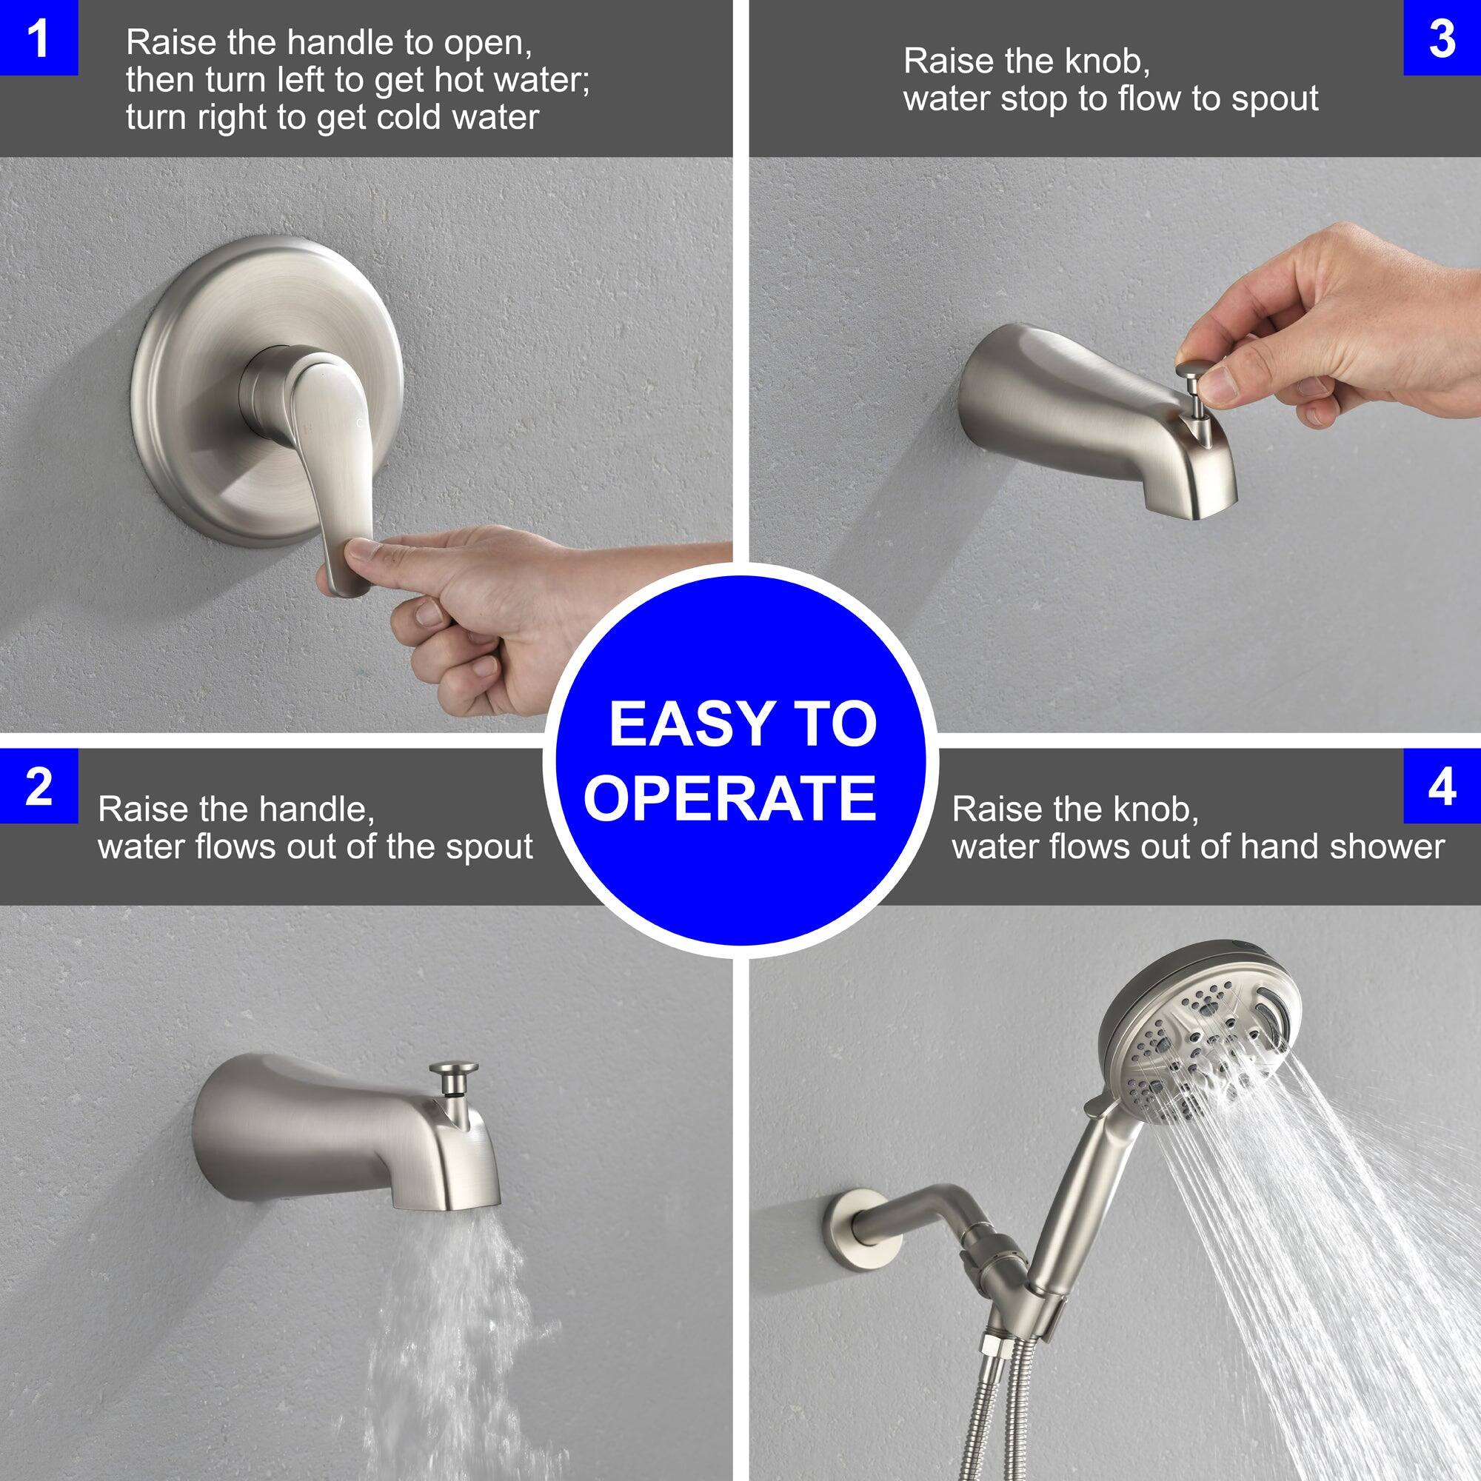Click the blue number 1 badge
point(39,38)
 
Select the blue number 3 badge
point(1442,38)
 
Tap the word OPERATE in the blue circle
point(730,798)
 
